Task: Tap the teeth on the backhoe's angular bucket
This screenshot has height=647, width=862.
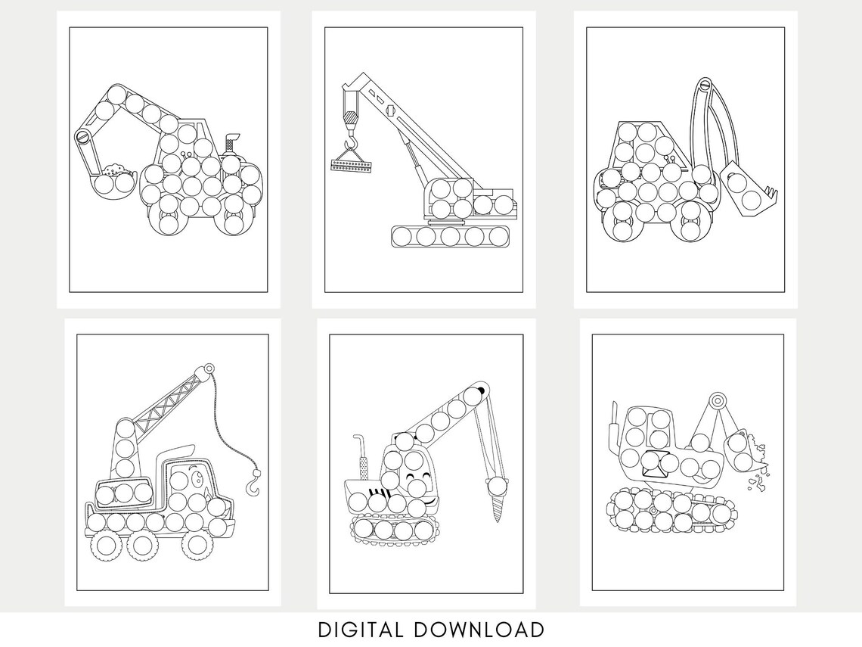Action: (x=771, y=193)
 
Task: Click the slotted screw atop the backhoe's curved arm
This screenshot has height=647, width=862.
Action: (x=705, y=85)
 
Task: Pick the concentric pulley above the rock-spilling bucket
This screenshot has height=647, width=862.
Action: (x=716, y=400)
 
